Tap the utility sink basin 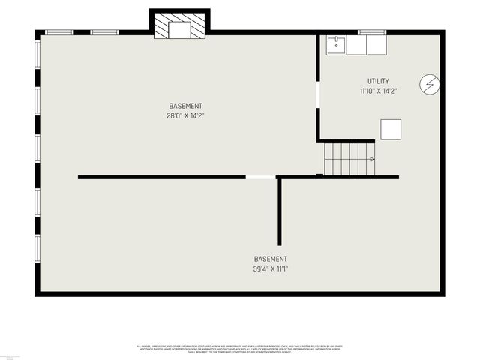[336, 44]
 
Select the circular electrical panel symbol [429, 84]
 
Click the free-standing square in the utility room [391, 130]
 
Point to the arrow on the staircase [371, 159]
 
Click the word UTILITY [378, 81]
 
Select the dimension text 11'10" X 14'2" [378, 91]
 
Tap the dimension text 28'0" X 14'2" [185, 115]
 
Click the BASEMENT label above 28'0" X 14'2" [185, 106]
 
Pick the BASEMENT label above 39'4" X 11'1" [270, 259]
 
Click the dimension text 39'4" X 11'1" [270, 268]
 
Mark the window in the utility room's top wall [371, 32]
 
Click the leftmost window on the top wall [59, 32]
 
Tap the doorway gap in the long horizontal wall [260, 177]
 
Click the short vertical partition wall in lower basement [279, 211]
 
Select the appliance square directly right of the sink [356, 45]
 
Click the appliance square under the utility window [376, 45]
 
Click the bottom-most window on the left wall [37, 247]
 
